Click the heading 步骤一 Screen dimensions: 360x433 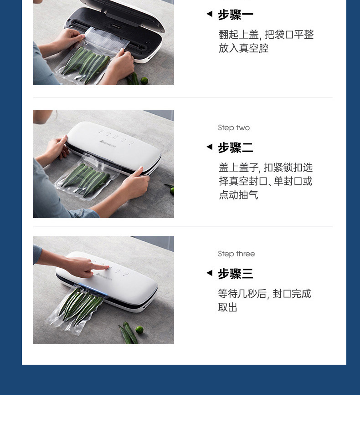236,15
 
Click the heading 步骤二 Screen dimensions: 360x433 236,148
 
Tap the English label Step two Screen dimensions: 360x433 234,127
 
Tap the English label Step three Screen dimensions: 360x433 236,254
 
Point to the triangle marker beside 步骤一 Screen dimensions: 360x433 210,14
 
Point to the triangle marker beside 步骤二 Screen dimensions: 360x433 210,147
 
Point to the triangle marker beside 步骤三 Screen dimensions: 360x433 210,273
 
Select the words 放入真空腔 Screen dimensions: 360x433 243,48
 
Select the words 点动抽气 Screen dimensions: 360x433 238,195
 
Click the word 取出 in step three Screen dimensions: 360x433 228,307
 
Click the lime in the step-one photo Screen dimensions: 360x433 144,81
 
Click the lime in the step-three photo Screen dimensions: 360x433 139,330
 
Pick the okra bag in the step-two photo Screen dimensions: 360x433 86,177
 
